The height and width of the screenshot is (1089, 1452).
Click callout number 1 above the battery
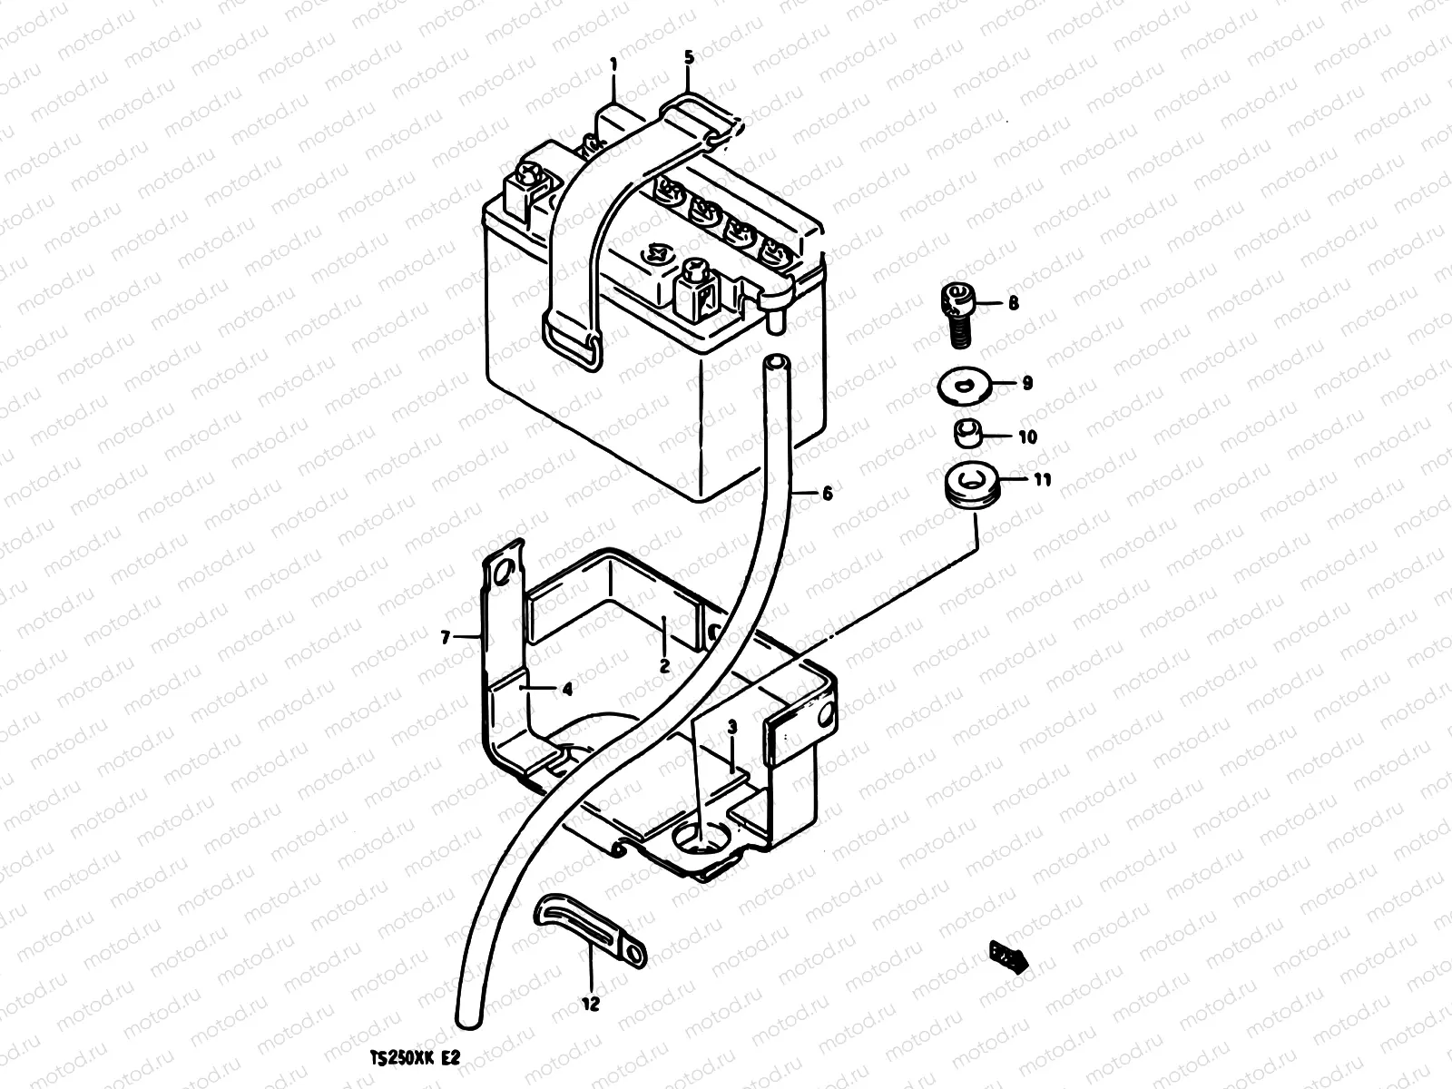coord(613,64)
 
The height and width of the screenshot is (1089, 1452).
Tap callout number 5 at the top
coord(689,57)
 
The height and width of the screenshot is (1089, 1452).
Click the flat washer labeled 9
coord(964,387)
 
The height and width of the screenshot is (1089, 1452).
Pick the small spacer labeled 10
coord(967,435)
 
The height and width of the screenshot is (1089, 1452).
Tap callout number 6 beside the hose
coord(827,494)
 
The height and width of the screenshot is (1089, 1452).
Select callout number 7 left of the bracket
coord(446,639)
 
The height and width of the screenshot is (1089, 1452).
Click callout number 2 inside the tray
coord(664,665)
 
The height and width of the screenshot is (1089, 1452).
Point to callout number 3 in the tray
coord(732,727)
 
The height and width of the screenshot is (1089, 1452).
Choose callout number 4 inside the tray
coord(567,689)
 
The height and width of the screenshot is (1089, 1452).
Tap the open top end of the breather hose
coord(775,362)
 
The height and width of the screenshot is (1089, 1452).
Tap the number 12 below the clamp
coord(591,1005)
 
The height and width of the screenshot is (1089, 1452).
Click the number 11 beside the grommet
coord(1042,480)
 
